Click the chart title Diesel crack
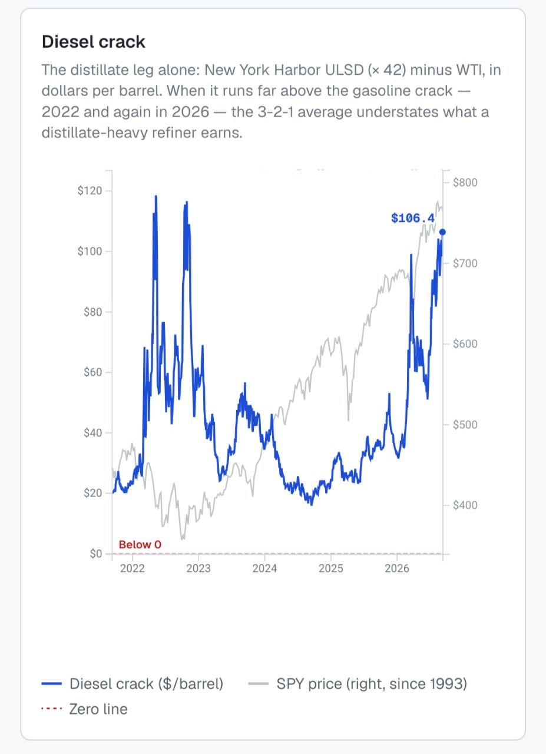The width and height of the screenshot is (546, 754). (94, 42)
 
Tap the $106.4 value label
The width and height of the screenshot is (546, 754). (413, 218)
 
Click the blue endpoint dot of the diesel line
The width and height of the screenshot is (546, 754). (443, 232)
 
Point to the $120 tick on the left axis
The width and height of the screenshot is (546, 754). (90, 191)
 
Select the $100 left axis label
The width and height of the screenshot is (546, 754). (90, 252)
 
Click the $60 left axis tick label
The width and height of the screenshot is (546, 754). (92, 372)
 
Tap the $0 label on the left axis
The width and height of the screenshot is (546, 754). (96, 554)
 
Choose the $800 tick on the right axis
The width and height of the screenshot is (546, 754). (465, 183)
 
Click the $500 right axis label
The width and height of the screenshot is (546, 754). (465, 425)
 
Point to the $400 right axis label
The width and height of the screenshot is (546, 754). (465, 505)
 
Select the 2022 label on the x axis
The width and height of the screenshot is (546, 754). (133, 568)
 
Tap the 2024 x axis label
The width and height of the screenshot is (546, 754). (264, 568)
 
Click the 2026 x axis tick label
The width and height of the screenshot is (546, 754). (397, 568)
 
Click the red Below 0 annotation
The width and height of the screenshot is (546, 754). (140, 544)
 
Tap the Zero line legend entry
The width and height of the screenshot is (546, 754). (84, 709)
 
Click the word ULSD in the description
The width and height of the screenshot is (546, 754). (344, 70)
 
